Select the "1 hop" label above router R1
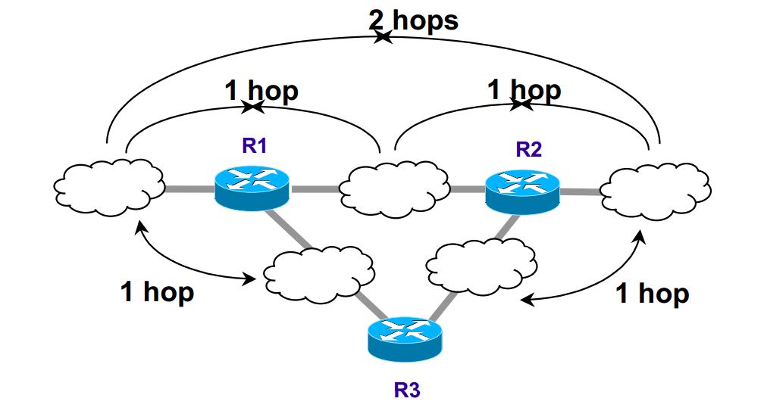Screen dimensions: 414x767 tap(261, 92)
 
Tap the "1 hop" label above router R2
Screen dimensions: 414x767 tap(524, 90)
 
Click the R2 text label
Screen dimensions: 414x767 tap(528, 148)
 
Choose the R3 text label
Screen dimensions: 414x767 tap(406, 391)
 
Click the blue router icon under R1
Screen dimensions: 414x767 tap(252, 185)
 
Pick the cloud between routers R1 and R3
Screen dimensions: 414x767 tap(319, 270)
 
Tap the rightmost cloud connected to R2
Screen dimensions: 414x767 tap(656, 188)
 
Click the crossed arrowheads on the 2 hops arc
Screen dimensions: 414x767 tap(383, 37)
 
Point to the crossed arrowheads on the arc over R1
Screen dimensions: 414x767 tap(252, 108)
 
